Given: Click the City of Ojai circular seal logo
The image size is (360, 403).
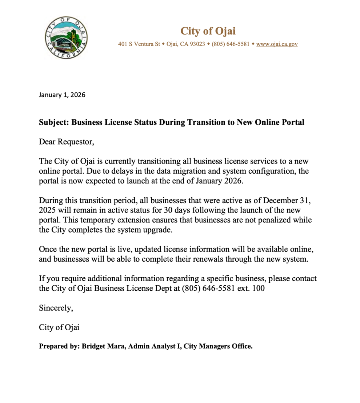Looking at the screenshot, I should click(67, 38).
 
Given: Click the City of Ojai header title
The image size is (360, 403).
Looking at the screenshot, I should click(208, 31).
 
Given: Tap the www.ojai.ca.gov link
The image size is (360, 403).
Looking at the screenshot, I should click(277, 44).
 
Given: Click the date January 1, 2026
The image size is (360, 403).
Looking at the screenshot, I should click(62, 95).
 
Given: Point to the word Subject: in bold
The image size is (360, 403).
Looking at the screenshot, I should click(54, 122).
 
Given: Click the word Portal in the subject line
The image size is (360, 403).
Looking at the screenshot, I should click(293, 122).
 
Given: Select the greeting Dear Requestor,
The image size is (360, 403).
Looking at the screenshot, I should click(67, 142).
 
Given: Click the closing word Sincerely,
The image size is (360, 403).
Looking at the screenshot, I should click(56, 308).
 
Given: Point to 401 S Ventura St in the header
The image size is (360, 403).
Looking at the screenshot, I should click(139, 44).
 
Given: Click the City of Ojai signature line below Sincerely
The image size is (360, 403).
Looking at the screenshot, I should click(59, 327).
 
